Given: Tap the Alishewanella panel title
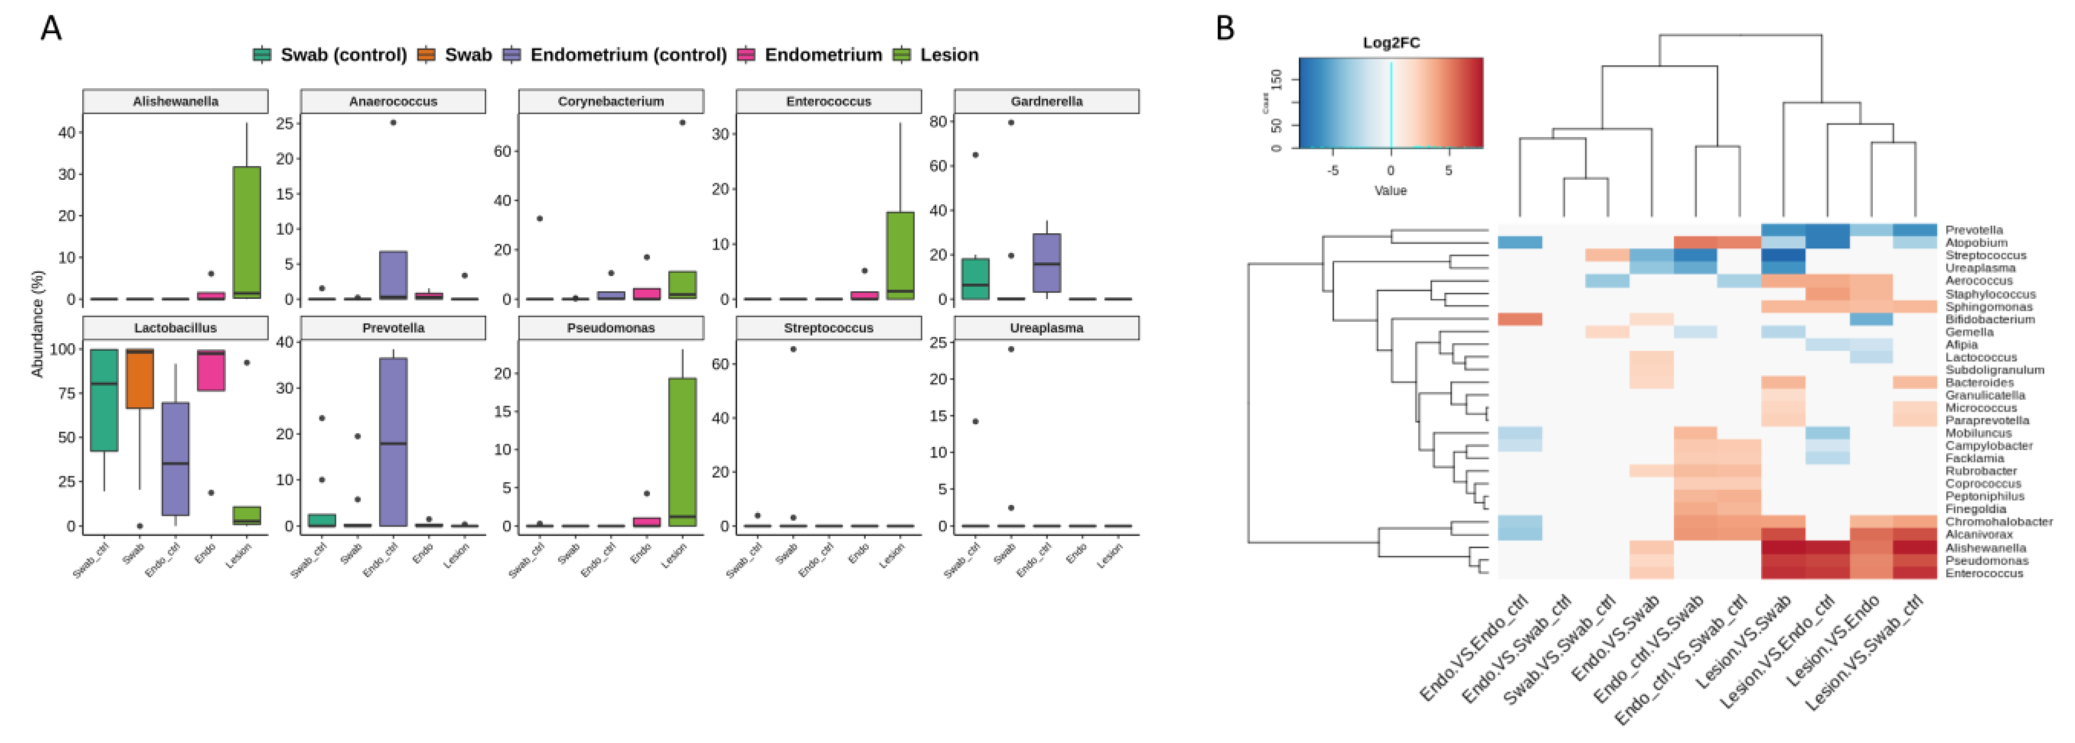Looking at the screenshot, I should tap(175, 101).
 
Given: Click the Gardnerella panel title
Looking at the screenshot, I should tap(1046, 101).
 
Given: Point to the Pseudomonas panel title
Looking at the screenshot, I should tap(611, 328).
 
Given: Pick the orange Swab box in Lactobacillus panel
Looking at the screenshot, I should tap(140, 378).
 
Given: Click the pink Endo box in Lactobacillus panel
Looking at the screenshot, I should tap(211, 370).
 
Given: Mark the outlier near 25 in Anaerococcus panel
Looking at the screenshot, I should tap(393, 122).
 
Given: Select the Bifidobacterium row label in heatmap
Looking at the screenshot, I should tap(1989, 320).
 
